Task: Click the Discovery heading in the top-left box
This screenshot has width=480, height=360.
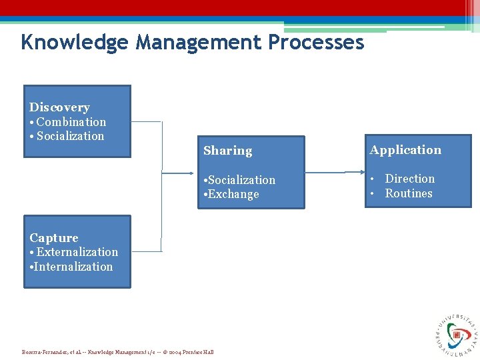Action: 59,107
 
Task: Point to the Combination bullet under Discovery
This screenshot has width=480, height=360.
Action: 71,122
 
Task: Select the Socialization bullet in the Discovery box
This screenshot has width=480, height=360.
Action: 70,136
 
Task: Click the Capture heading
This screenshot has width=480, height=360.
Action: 54,238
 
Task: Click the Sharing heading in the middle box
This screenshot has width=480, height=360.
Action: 227,151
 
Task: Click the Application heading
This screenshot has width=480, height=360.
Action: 405,150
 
